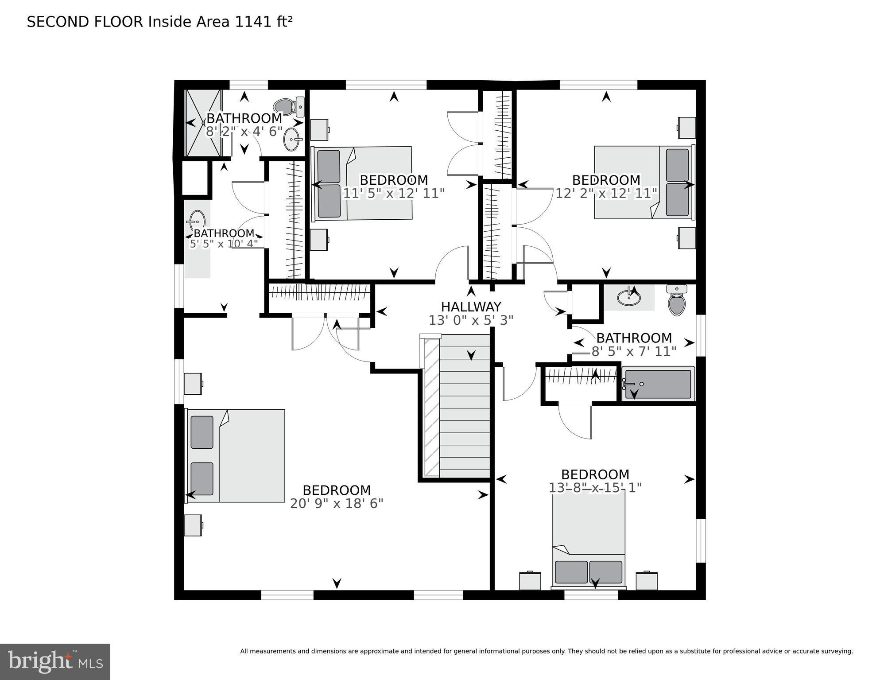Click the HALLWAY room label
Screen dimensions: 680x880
471,307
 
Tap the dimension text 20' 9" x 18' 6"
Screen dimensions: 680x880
337,504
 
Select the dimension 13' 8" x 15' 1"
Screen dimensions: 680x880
595,488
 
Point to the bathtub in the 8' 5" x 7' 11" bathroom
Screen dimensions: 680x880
658,384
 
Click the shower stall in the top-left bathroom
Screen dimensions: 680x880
203,123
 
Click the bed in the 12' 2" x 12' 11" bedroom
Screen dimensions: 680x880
643,182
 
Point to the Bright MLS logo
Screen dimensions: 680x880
55,662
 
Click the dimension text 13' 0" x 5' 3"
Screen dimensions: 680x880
471,320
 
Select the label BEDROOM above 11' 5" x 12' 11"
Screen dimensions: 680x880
394,180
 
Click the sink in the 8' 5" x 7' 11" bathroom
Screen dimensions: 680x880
628,297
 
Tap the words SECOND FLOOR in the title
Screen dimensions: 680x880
85,22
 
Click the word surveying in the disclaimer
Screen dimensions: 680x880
835,651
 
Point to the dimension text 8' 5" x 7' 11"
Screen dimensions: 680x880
634,351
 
